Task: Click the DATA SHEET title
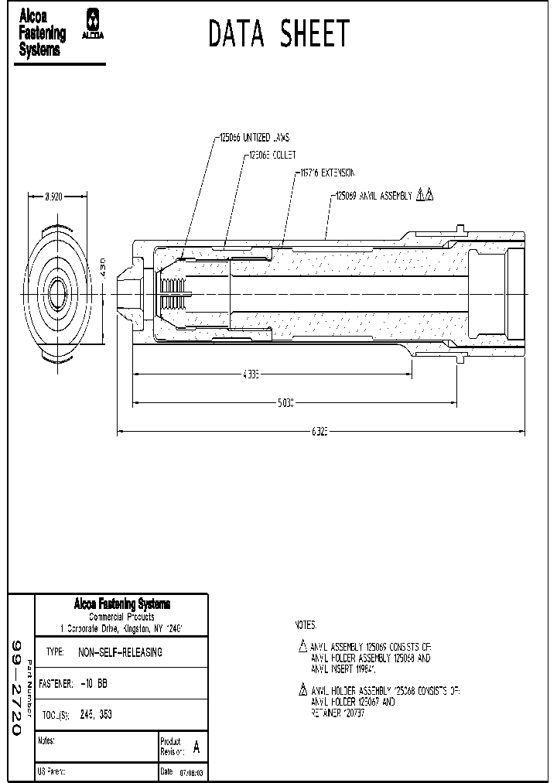point(278,35)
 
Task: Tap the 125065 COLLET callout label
point(272,156)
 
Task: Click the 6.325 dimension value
point(320,432)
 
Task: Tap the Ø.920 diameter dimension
point(53,197)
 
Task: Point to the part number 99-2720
point(18,688)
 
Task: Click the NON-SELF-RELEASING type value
point(121,652)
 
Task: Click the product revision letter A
point(196,747)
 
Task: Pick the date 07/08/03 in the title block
point(191,772)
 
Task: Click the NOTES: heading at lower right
point(306,624)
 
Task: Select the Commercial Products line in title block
point(121,617)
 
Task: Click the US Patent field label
point(52,772)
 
